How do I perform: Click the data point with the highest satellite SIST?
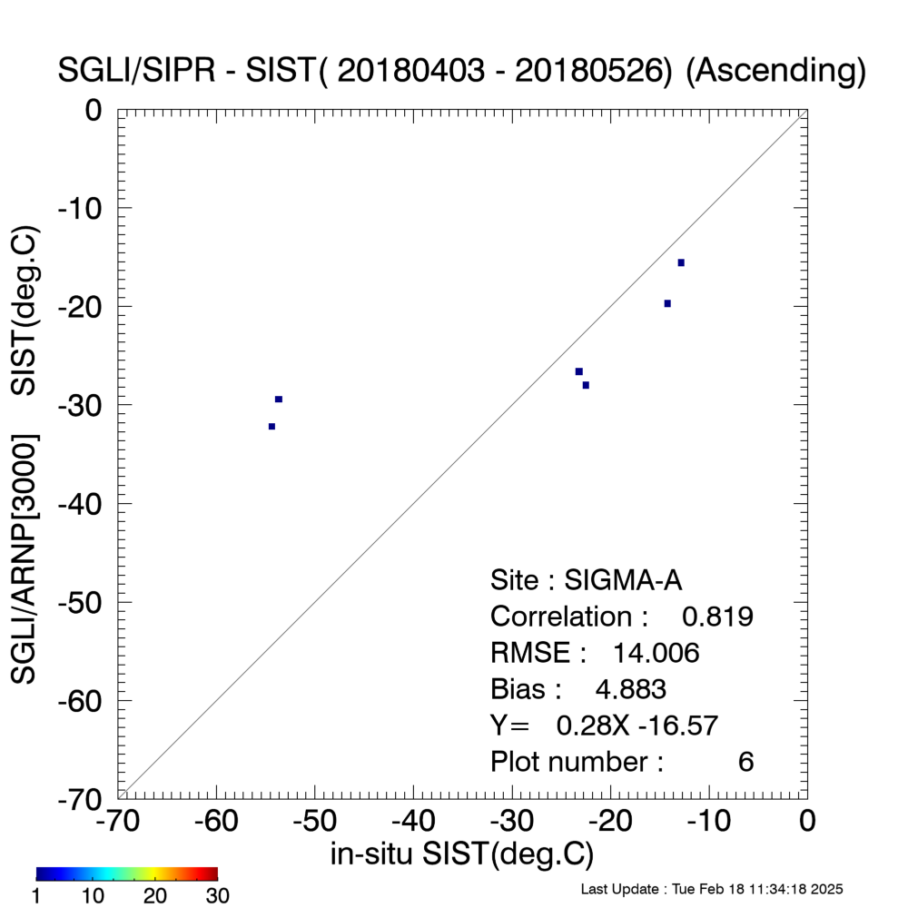point(681,263)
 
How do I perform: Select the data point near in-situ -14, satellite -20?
point(667,303)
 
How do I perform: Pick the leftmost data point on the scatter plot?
point(271,427)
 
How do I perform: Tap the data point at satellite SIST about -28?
point(586,385)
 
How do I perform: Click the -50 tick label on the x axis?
point(314,821)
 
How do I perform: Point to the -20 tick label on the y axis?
point(81,307)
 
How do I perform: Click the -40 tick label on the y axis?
point(81,504)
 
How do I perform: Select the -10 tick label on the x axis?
point(709,821)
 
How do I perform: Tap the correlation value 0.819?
point(717,617)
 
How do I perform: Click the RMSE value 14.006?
point(656,653)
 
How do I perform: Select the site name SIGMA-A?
point(623,580)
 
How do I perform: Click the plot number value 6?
point(745,762)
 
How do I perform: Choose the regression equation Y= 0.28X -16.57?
point(604,725)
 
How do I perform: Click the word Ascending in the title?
point(775,71)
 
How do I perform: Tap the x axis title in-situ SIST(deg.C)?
point(462,854)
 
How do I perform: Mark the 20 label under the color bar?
point(154,896)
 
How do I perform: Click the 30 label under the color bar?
point(218,896)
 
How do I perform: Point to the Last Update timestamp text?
point(712,889)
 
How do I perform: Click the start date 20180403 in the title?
point(410,71)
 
